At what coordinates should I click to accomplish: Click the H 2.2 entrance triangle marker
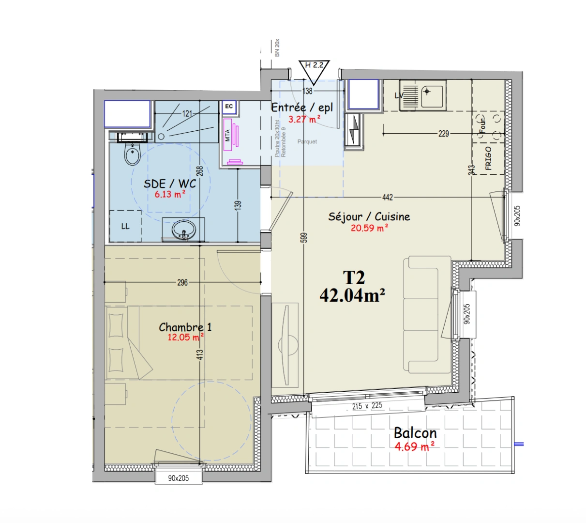coord(314,69)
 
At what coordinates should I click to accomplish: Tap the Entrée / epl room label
coord(302,107)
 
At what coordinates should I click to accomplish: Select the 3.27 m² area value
coord(304,119)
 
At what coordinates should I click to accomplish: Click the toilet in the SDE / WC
coord(132,154)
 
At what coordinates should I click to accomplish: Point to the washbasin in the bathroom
coord(184,229)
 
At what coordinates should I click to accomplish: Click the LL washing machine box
coord(125,226)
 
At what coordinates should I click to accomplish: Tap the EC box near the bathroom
coord(229,106)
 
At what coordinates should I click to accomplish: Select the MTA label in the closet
coord(227,136)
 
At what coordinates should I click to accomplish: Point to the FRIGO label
coord(488,158)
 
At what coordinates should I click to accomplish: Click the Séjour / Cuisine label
coord(369,216)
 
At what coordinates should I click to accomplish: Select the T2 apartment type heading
coord(354,277)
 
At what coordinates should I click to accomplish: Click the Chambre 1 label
coord(185,327)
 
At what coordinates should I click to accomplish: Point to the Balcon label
coord(415,432)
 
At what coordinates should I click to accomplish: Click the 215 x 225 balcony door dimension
coord(367,406)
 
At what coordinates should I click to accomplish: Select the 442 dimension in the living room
coord(388,197)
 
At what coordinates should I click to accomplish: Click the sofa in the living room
coord(421,315)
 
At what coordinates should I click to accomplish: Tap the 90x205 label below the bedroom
coord(179,478)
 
